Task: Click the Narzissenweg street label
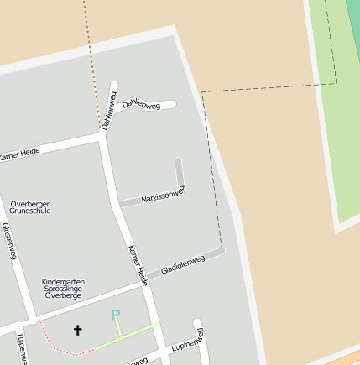point(163,196)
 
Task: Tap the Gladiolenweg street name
point(182,263)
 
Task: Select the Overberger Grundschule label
point(30,207)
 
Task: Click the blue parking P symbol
point(117,315)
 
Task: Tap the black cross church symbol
point(78,330)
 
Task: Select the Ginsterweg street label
point(9,241)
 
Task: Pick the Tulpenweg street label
point(21,347)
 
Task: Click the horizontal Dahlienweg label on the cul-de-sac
point(140,103)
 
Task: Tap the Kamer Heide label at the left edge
point(18,154)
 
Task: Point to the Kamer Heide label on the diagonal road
point(138,265)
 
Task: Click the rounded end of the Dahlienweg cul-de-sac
point(172,104)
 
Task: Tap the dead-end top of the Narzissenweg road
point(178,160)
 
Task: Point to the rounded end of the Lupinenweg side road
point(198,322)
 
